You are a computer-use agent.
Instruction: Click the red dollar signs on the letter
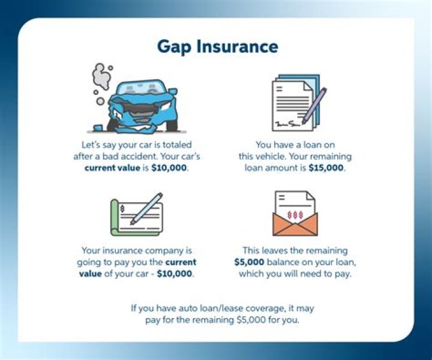[295, 214]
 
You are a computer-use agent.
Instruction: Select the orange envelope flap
[295, 227]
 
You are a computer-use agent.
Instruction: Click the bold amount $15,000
[327, 168]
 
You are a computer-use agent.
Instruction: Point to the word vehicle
[275, 157]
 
